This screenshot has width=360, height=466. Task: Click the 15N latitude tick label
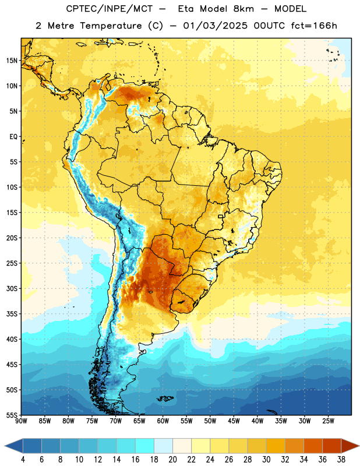(x=12, y=61)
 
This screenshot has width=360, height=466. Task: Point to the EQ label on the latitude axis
(x=13, y=136)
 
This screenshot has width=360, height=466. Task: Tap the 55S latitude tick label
(x=12, y=415)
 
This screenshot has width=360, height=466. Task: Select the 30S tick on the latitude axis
(x=12, y=288)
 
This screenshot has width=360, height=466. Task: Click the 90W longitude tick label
(x=21, y=421)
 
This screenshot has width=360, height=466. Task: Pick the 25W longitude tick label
(x=328, y=421)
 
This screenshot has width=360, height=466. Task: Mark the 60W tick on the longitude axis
(x=163, y=421)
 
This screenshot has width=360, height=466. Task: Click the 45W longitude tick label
(x=234, y=421)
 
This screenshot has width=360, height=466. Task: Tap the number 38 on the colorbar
(x=341, y=460)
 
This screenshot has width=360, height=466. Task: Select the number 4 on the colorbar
(x=23, y=460)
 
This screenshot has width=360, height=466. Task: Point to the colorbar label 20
(x=172, y=460)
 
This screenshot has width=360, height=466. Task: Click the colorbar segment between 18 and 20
(x=164, y=446)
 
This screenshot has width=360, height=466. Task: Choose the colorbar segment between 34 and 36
(x=313, y=446)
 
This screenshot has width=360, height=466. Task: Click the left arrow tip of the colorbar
(x=5, y=446)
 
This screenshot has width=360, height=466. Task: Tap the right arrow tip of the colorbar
(x=359, y=446)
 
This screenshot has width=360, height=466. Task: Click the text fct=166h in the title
(x=314, y=26)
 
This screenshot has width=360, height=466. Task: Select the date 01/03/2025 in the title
(x=215, y=26)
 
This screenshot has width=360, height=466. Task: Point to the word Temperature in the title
(x=111, y=26)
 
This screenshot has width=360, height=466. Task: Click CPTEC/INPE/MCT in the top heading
(x=110, y=9)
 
